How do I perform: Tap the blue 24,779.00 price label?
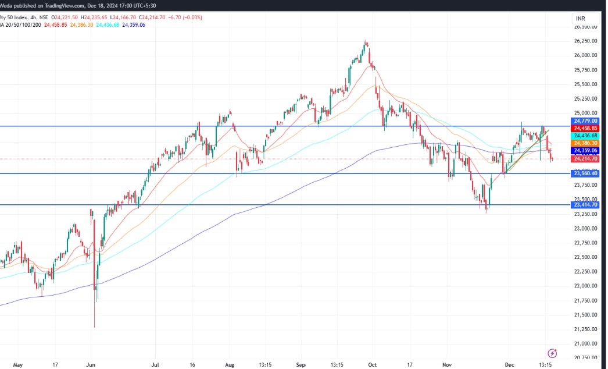(586, 121)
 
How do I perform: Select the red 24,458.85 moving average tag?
(586, 128)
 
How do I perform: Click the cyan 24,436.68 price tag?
(586, 135)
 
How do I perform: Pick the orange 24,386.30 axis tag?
(586, 143)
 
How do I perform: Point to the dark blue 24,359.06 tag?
(586, 150)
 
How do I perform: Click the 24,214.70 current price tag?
(586, 158)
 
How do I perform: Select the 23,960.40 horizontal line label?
(586, 173)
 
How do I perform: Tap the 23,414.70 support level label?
(586, 205)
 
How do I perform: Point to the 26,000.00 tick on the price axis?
(586, 55)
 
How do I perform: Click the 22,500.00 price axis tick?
(586, 257)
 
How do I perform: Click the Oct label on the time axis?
(373, 364)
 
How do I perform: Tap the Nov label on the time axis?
(446, 364)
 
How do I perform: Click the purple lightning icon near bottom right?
(553, 353)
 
